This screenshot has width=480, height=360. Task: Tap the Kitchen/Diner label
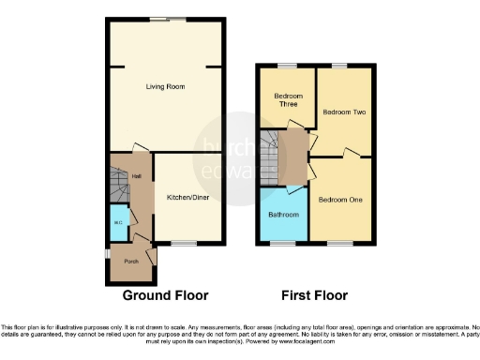(187, 198)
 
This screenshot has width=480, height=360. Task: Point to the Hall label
(137, 176)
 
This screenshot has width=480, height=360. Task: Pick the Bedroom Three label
(287, 99)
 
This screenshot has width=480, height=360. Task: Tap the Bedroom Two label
(343, 112)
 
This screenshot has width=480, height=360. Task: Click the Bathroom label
(283, 215)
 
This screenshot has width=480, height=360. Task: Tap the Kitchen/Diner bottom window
(184, 245)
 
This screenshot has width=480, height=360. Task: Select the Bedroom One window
(338, 245)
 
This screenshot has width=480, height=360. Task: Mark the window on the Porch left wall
(105, 254)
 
